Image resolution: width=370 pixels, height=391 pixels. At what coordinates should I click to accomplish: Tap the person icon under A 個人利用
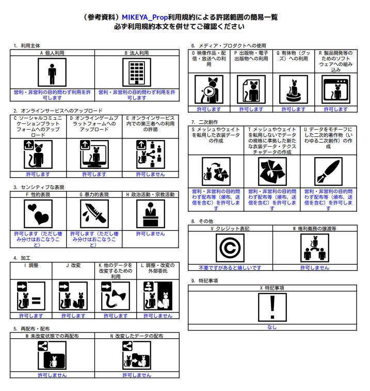coord(52,72)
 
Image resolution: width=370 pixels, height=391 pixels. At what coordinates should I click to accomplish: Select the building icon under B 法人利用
coord(136,72)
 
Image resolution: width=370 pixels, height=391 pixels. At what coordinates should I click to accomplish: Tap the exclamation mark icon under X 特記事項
coord(272,307)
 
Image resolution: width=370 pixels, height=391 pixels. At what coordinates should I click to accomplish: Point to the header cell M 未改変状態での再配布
coord(52,336)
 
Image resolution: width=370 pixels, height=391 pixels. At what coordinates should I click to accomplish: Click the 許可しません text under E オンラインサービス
coord(150,174)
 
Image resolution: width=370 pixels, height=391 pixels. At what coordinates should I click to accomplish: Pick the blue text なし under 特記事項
coord(272,327)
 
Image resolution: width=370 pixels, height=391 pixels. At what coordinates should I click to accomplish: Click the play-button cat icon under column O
coord(208,90)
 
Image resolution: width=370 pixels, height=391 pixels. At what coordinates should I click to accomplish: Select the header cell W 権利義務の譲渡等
coord(314,228)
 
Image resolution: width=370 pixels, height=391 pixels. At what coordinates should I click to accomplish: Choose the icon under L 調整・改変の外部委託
coord(157,296)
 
